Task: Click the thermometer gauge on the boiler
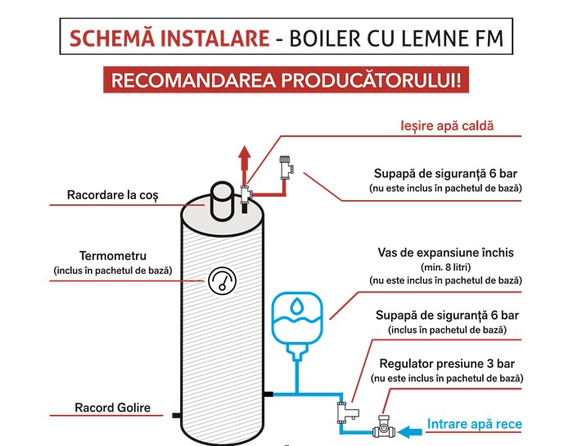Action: pos(219,282)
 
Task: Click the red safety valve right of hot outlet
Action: pos(285,166)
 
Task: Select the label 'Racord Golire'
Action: pos(112,407)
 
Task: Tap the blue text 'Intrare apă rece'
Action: pos(474,425)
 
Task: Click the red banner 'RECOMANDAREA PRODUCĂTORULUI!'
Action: pos(286,80)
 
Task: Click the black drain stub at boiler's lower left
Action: pos(175,416)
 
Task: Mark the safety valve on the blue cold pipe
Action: pos(341,409)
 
